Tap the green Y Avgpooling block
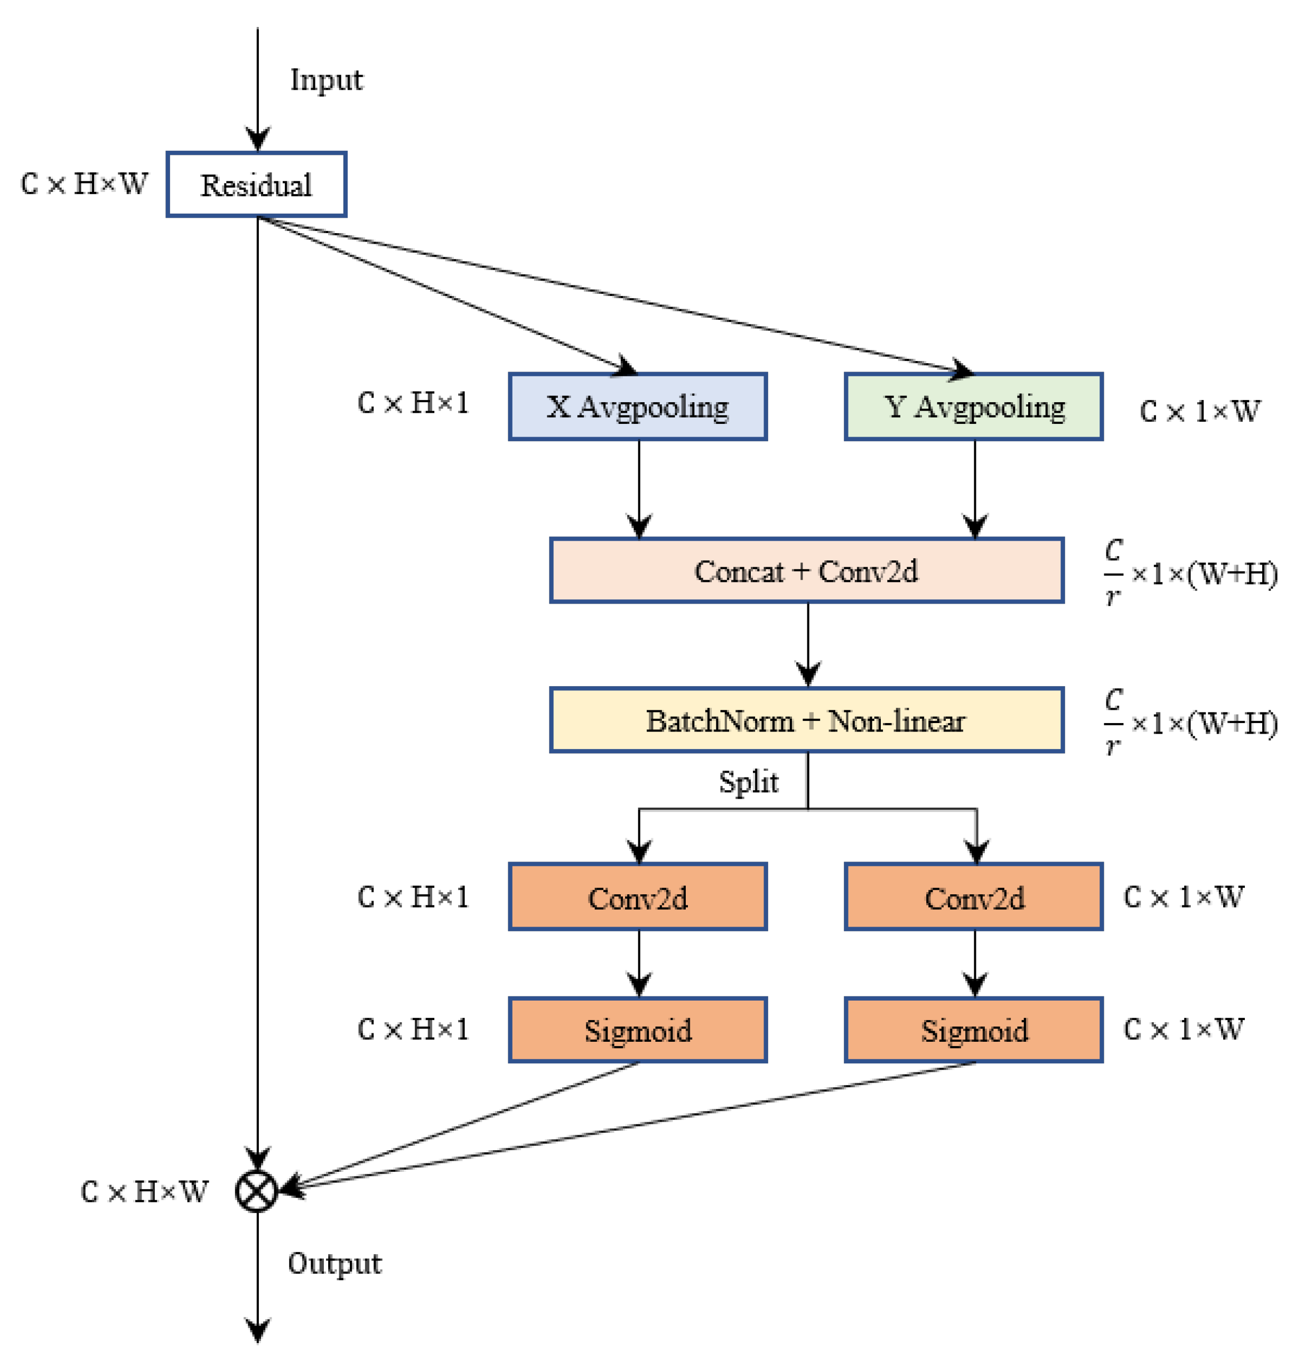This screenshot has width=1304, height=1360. (973, 406)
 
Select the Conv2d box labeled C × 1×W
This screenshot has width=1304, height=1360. (973, 896)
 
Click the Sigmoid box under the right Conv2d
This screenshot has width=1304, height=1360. (973, 1030)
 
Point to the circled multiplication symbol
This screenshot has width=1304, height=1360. (257, 1191)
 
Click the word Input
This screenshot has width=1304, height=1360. (326, 80)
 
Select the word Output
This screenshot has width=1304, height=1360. (334, 1263)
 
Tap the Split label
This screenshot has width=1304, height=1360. (748, 782)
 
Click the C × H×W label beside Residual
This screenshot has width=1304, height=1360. (84, 184)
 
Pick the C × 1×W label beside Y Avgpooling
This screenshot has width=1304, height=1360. (1199, 411)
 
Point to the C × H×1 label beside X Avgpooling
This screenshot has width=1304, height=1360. (413, 402)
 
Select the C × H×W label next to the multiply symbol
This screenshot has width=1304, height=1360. (144, 1191)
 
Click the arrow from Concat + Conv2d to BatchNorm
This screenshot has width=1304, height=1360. (807, 645)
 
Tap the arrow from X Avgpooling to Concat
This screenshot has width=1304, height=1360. (639, 488)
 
